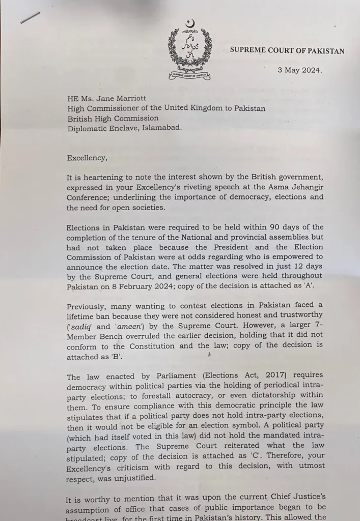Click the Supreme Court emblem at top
click(190, 50)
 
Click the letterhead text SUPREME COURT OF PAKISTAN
click(287, 51)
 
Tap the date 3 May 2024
click(299, 71)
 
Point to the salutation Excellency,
click(87, 158)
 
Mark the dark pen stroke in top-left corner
click(30, 18)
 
